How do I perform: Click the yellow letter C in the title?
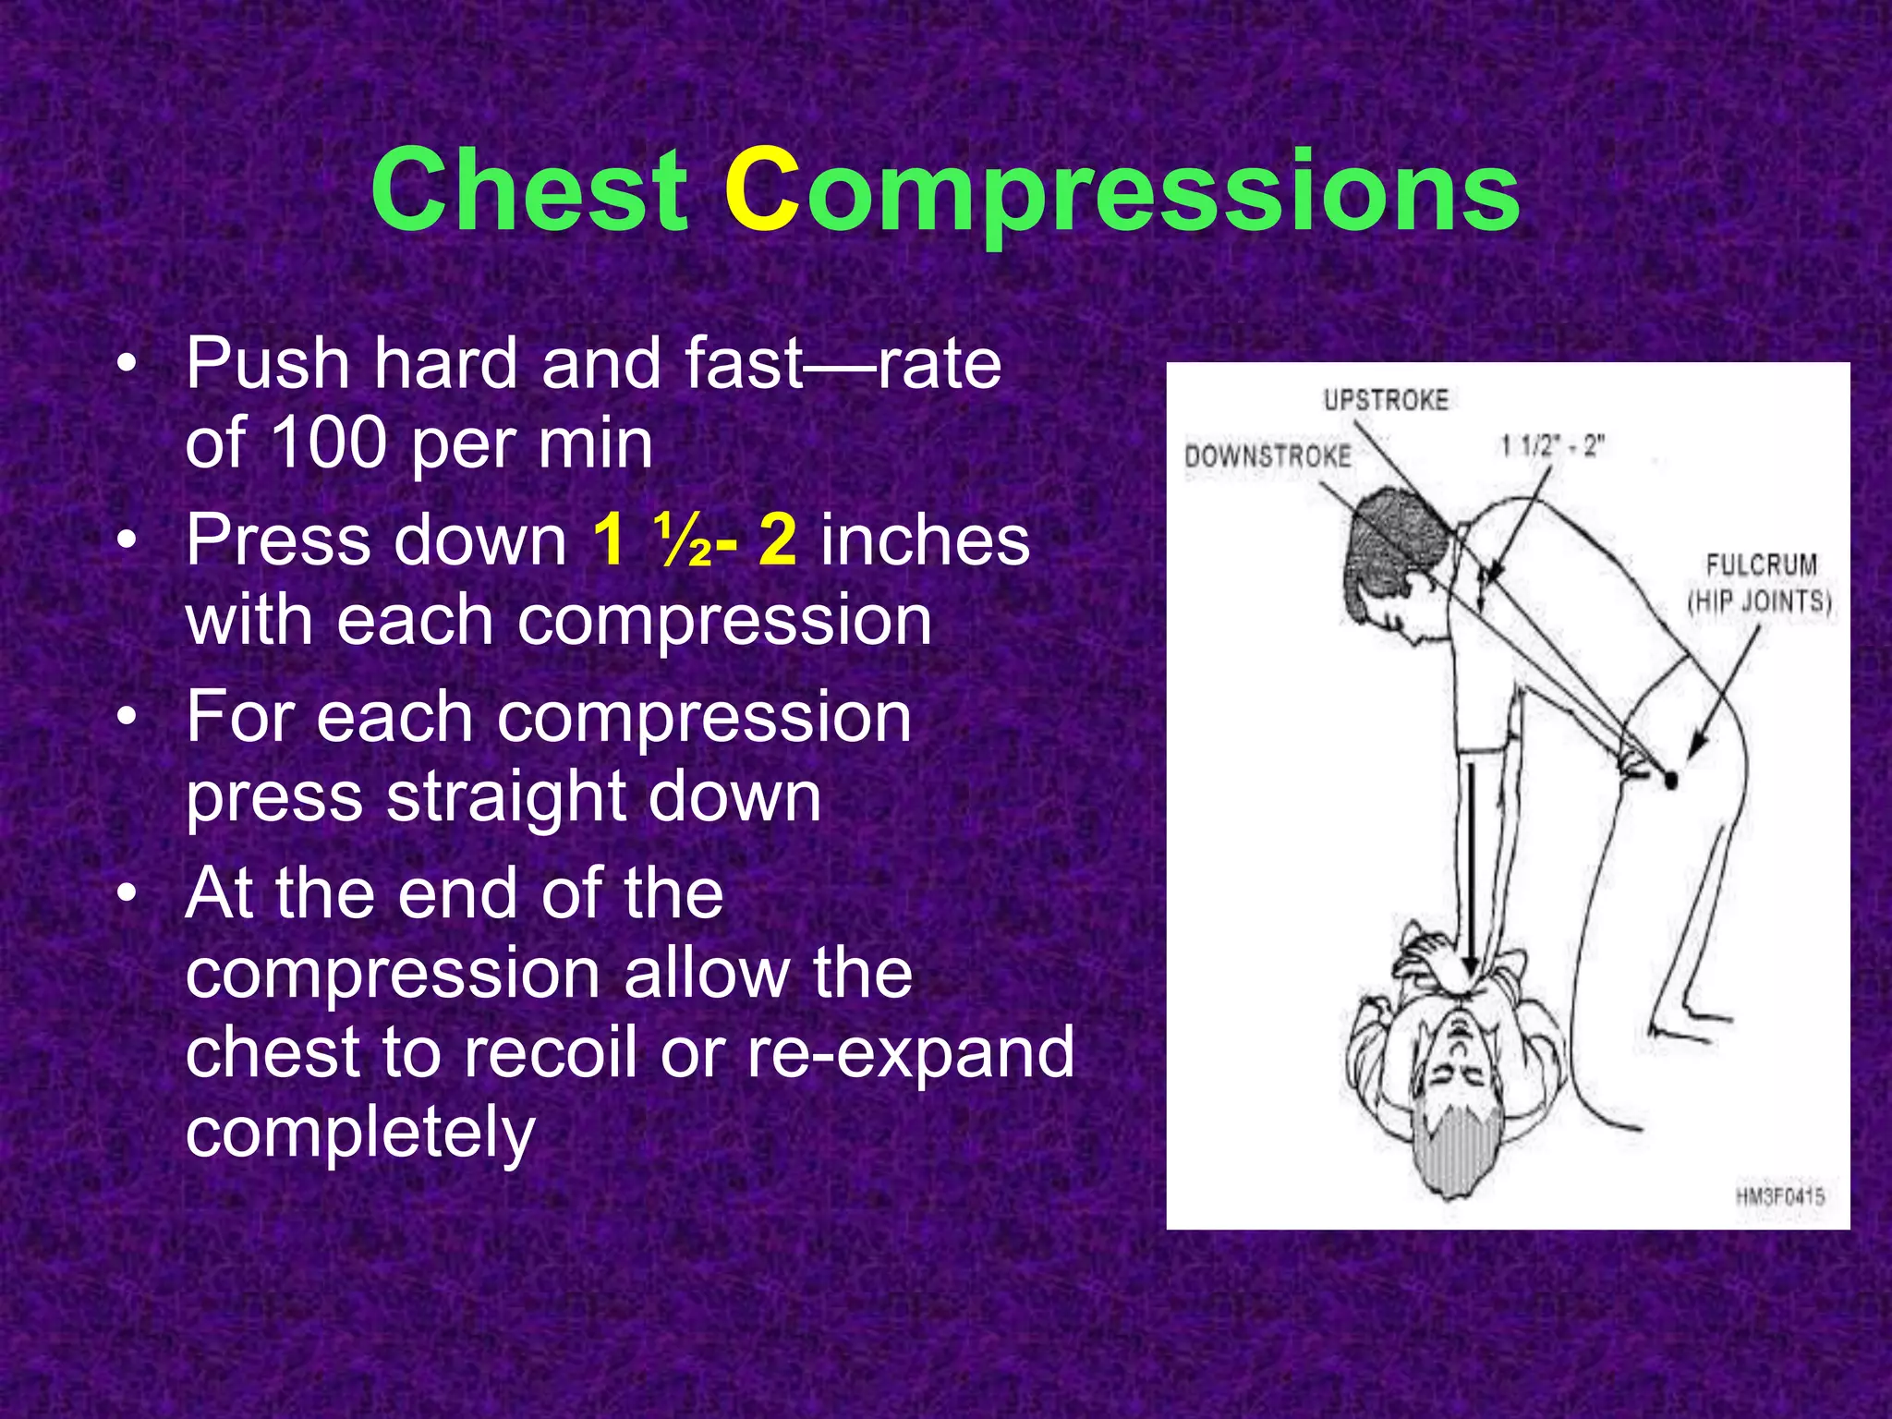pyautogui.click(x=761, y=191)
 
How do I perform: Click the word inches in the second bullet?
pyautogui.click(x=925, y=540)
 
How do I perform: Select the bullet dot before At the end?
pyautogui.click(x=128, y=893)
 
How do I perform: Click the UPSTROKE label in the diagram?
pyautogui.click(x=1386, y=400)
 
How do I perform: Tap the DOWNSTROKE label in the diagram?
pyautogui.click(x=1267, y=455)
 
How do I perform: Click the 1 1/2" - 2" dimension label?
pyautogui.click(x=1552, y=447)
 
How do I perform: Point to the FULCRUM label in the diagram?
pyautogui.click(x=1761, y=564)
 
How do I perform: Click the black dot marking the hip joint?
pyautogui.click(x=1670, y=782)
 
